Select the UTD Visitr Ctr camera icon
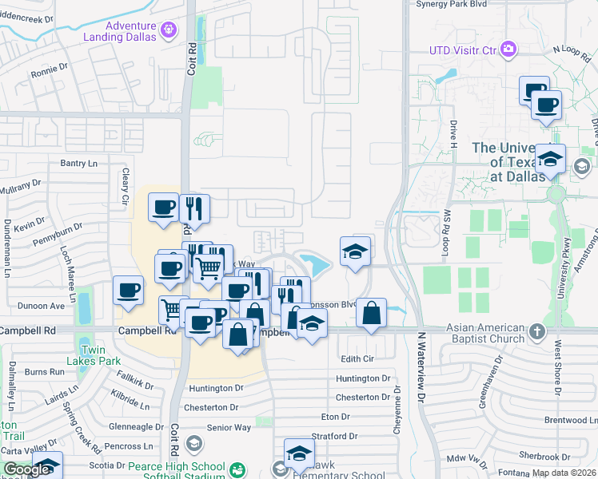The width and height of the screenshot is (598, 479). click(x=508, y=50)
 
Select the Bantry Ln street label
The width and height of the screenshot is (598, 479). click(x=78, y=163)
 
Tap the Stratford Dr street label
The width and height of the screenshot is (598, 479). click(x=336, y=436)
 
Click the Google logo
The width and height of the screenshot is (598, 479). click(x=26, y=469)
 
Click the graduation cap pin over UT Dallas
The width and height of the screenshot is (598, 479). click(x=550, y=159)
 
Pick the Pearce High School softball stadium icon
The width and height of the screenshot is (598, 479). click(x=237, y=470)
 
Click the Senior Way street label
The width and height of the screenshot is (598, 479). click(x=229, y=427)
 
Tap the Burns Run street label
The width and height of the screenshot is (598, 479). click(x=45, y=372)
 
